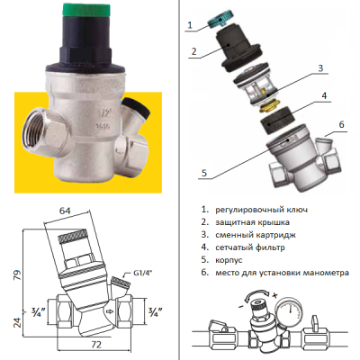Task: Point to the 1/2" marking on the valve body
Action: (x=102, y=113)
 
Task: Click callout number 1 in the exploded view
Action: (x=189, y=24)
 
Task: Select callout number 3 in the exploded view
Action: (x=320, y=68)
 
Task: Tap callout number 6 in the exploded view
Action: (x=341, y=124)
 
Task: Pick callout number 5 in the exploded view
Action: (x=204, y=173)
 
